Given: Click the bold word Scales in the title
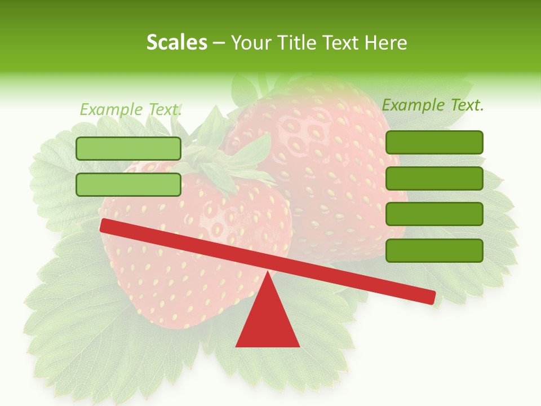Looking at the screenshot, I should click(x=176, y=42).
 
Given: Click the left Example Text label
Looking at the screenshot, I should click(x=131, y=109).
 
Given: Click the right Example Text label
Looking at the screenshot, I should click(x=433, y=105).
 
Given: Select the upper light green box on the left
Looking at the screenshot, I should click(x=128, y=148).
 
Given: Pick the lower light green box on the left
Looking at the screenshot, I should click(x=128, y=184).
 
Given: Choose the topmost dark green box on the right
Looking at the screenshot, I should click(x=434, y=142).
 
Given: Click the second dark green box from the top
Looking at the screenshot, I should click(x=434, y=178).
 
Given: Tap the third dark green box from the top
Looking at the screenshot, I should click(x=434, y=214).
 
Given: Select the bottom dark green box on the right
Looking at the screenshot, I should click(x=434, y=250).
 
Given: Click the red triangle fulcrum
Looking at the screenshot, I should click(x=268, y=321).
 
